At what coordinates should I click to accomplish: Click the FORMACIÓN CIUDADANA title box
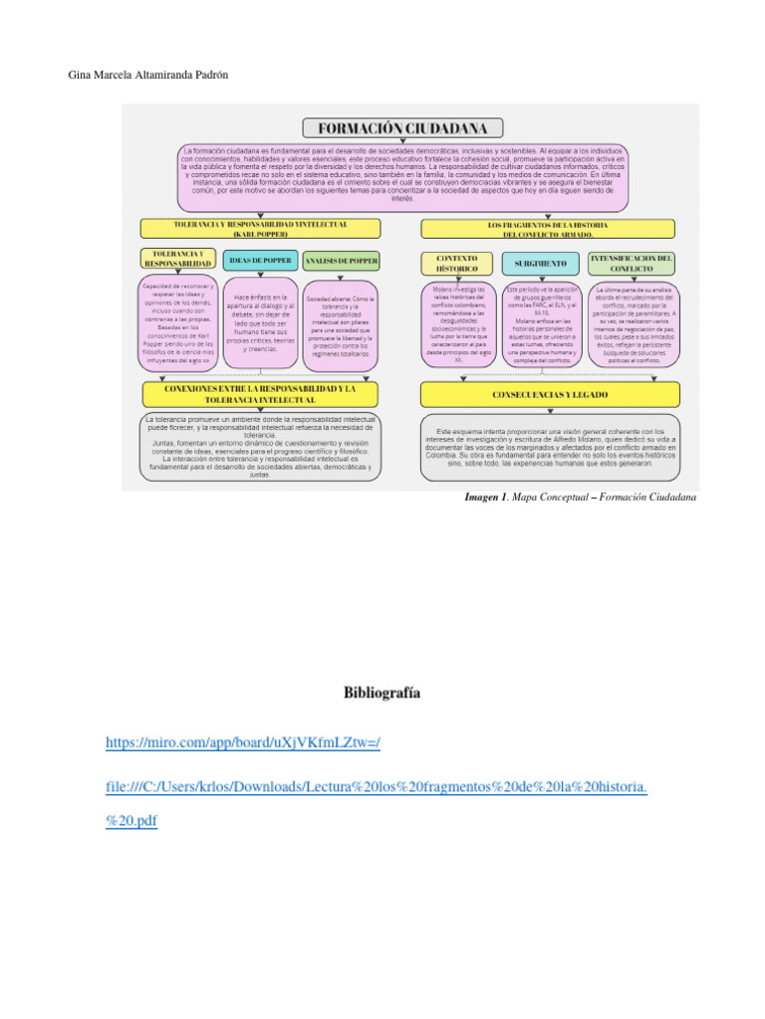pyautogui.click(x=402, y=128)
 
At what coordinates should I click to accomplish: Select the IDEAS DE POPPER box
pyautogui.click(x=259, y=261)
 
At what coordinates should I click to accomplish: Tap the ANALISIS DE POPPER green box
pyautogui.click(x=341, y=261)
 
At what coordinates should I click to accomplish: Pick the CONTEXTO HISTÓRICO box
pyautogui.click(x=456, y=263)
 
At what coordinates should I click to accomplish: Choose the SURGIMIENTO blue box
pyautogui.click(x=541, y=263)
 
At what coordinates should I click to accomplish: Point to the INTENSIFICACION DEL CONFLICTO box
pyautogui.click(x=632, y=263)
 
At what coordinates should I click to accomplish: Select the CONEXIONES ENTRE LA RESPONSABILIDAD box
pyautogui.click(x=262, y=394)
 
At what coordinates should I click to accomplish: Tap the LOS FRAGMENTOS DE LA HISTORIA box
pyautogui.click(x=547, y=228)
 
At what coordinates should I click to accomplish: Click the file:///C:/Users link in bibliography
pyautogui.click(x=377, y=787)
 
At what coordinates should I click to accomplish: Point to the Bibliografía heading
pyautogui.click(x=382, y=690)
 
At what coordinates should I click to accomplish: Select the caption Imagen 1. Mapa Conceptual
pyautogui.click(x=581, y=497)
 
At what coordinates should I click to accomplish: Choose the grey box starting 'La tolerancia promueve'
pyautogui.click(x=261, y=447)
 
